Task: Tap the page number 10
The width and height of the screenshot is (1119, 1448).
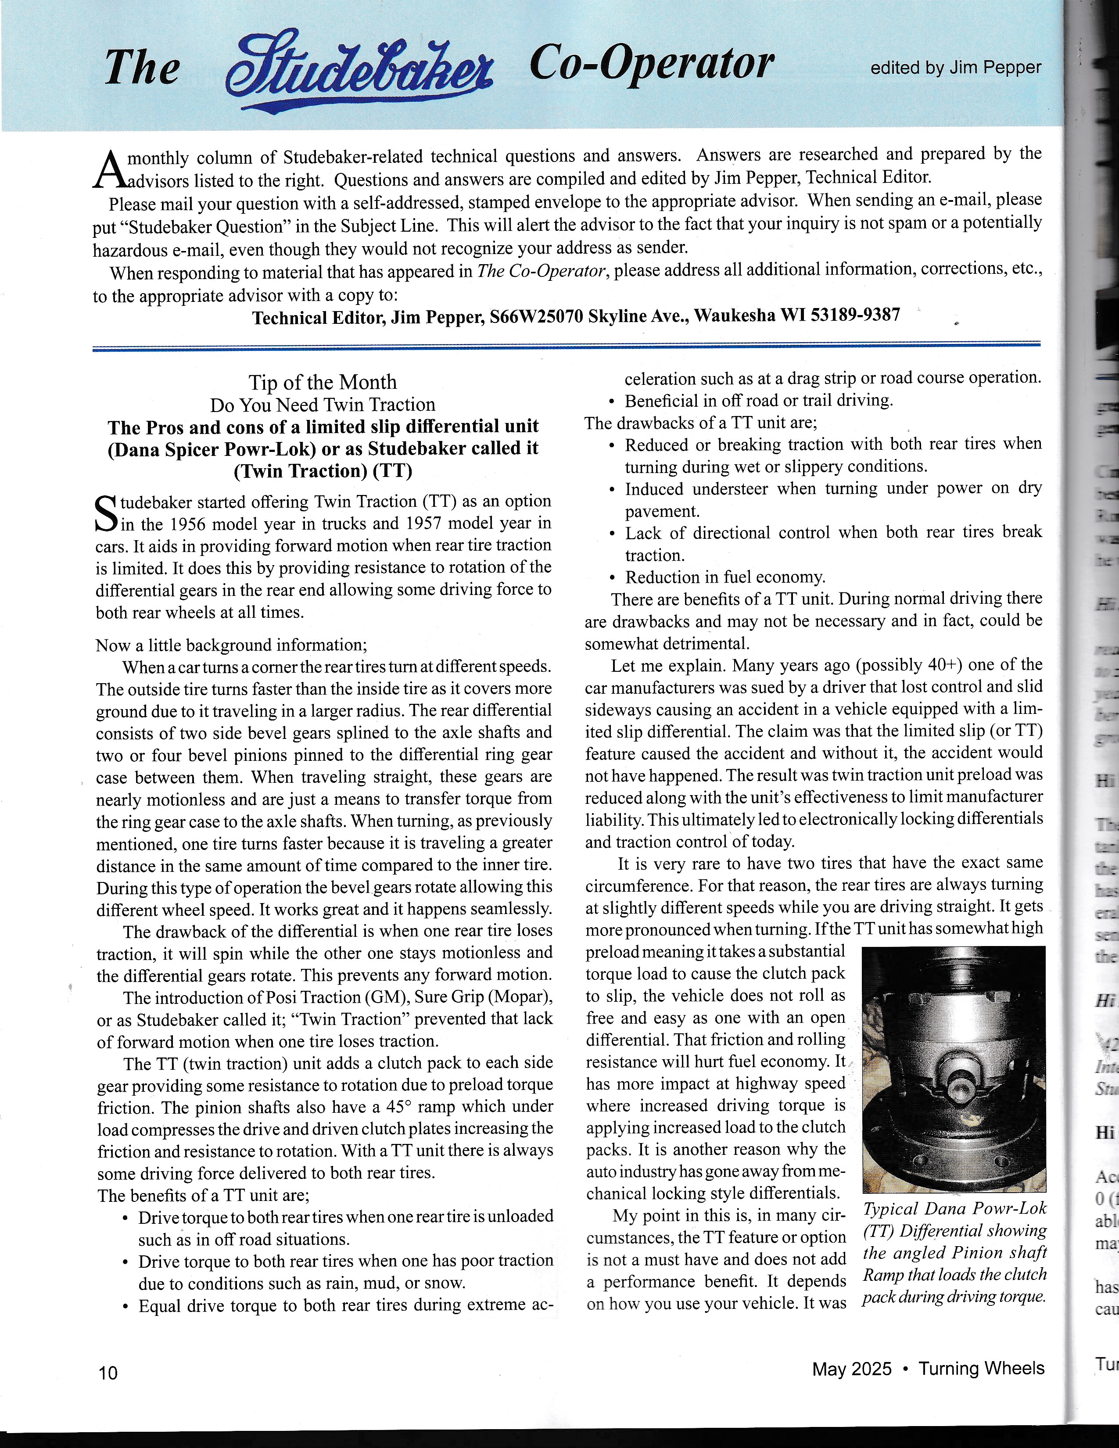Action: pos(108,1373)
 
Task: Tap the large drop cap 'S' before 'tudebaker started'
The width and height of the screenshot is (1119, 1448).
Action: pos(106,513)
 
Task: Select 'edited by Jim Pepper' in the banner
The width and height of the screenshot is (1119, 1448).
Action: pos(955,68)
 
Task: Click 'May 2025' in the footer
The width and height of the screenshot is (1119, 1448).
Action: pos(852,1369)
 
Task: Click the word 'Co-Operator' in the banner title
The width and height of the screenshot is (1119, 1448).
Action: pos(652,65)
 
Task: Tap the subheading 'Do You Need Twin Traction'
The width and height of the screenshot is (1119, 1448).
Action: pos(323,405)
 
